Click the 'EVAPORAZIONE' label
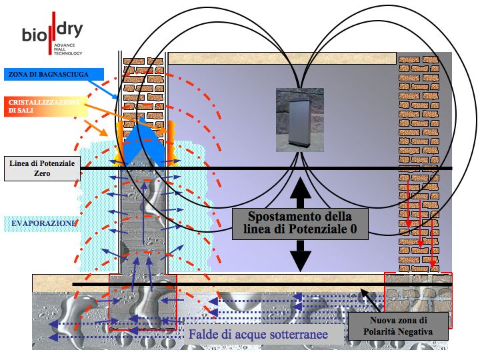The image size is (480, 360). pos(43,223)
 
